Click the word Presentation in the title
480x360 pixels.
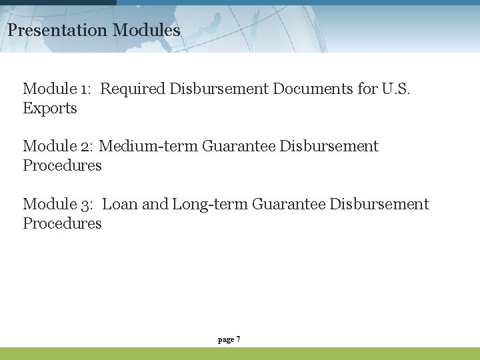click(x=57, y=30)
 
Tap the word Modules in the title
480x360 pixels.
click(x=147, y=30)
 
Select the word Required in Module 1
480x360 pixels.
click(x=133, y=89)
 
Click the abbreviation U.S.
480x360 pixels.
click(x=397, y=89)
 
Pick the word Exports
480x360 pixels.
click(x=50, y=108)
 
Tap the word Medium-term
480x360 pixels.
click(x=148, y=146)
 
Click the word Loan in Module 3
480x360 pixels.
click(x=120, y=204)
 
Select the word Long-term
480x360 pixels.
click(x=210, y=204)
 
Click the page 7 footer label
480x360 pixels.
click(x=229, y=340)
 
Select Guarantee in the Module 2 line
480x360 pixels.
click(x=238, y=146)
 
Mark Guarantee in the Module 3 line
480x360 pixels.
click(x=289, y=204)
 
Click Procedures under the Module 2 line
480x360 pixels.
click(x=62, y=165)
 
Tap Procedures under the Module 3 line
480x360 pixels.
click(x=62, y=223)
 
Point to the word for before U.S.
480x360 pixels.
click(x=368, y=89)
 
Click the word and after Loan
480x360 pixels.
click(x=155, y=204)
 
